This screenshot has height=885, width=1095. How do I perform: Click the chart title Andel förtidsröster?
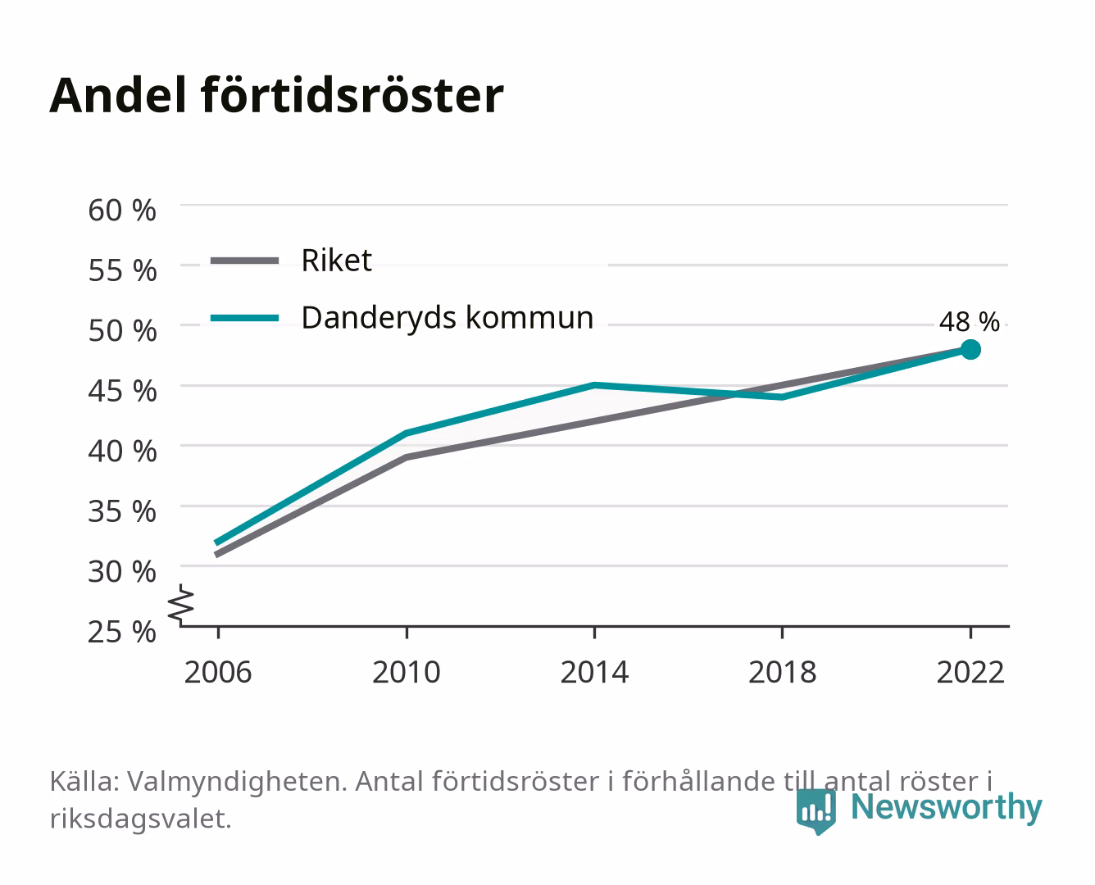point(276,96)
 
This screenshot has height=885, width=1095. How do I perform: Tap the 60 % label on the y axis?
point(122,211)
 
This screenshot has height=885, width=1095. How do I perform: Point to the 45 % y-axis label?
point(122,391)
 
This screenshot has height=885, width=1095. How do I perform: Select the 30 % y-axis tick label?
point(122,571)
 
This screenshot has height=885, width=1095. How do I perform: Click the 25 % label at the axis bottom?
point(122,632)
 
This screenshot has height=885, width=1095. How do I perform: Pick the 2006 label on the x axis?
point(218,672)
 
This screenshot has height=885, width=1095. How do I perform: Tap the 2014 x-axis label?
point(594,672)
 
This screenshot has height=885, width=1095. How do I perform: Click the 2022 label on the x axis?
point(970,672)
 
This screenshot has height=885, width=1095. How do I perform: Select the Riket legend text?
point(336,260)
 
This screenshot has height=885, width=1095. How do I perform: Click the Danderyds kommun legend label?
point(448,318)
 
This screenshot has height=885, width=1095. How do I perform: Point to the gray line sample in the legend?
point(245,261)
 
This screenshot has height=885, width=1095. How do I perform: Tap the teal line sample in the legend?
point(245,319)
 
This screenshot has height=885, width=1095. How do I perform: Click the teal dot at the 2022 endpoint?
point(970,350)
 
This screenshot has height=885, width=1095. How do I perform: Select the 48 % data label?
point(970,322)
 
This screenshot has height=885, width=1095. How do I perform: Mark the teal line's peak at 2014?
point(594,385)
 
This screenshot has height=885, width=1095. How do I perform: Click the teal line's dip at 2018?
point(783,397)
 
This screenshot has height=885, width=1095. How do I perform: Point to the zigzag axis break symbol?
point(181,605)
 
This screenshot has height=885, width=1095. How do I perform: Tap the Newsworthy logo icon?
point(816,811)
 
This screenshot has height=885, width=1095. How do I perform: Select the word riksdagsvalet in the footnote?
point(140,819)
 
